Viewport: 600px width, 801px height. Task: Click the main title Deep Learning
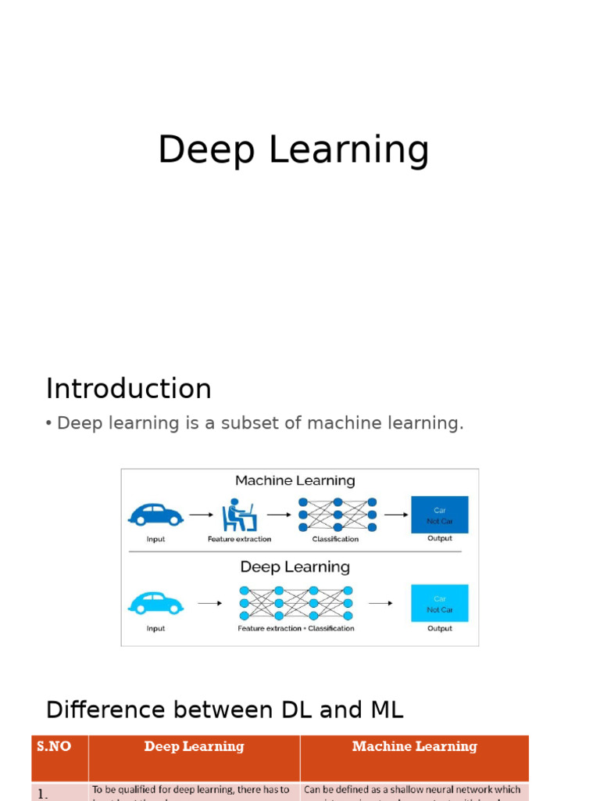[x=293, y=150]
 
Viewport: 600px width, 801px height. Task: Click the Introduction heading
[x=129, y=389]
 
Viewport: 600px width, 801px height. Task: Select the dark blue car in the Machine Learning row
[x=155, y=515]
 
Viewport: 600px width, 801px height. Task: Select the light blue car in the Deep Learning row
[x=155, y=603]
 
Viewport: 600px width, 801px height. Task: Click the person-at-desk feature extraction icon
[x=238, y=515]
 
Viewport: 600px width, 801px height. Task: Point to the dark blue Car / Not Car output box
[x=440, y=515]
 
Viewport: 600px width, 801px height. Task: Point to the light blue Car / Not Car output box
[x=440, y=603]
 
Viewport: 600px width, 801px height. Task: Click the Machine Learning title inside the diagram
[x=295, y=481]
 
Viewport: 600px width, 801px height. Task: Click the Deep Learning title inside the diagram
[x=295, y=567]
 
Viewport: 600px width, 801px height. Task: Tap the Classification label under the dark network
[x=335, y=539]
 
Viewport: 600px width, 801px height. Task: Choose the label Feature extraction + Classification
[x=296, y=628]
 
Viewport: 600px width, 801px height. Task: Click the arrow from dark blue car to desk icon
[x=201, y=515]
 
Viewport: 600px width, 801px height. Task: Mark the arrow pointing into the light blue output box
[x=380, y=603]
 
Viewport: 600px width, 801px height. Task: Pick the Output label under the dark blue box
[x=440, y=538]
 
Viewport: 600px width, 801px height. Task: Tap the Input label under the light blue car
[x=155, y=628]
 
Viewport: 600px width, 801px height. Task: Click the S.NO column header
[x=54, y=746]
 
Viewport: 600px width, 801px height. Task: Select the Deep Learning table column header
[x=194, y=746]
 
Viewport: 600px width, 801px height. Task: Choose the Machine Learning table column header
[x=414, y=746]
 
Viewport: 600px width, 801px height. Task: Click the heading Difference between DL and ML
[x=225, y=709]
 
